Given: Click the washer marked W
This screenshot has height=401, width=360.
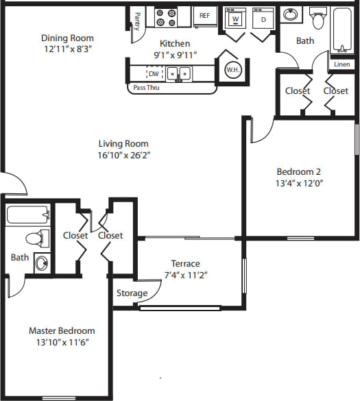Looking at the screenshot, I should pyautogui.click(x=235, y=19).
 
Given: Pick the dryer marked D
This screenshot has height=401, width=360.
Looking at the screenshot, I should pyautogui.click(x=262, y=19).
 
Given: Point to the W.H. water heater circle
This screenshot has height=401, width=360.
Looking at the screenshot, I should pyautogui.click(x=232, y=69).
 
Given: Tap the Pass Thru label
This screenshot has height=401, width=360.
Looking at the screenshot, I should pyautogui.click(x=146, y=88).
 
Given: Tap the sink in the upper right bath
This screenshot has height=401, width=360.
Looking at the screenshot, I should pyautogui.click(x=291, y=14).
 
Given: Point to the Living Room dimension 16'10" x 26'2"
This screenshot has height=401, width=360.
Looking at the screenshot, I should pyautogui.click(x=123, y=155).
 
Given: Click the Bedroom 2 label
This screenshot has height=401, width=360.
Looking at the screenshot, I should pyautogui.click(x=298, y=172).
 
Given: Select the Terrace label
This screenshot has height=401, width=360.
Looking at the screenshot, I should pyautogui.click(x=185, y=264).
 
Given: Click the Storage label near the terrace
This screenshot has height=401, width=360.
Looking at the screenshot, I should pyautogui.click(x=132, y=293).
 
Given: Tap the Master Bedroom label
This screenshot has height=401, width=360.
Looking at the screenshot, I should pyautogui.click(x=62, y=330).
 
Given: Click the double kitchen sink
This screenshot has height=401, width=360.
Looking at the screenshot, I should pyautogui.click(x=180, y=73).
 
